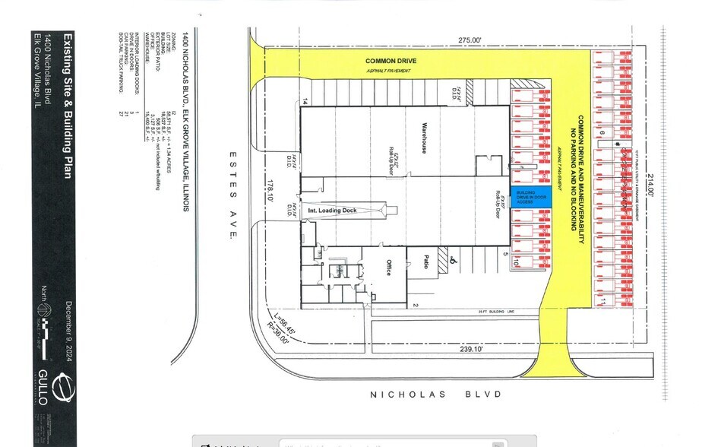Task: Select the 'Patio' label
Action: [x=428, y=262]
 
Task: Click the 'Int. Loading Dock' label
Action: [x=330, y=210]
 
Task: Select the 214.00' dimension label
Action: [x=651, y=186]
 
